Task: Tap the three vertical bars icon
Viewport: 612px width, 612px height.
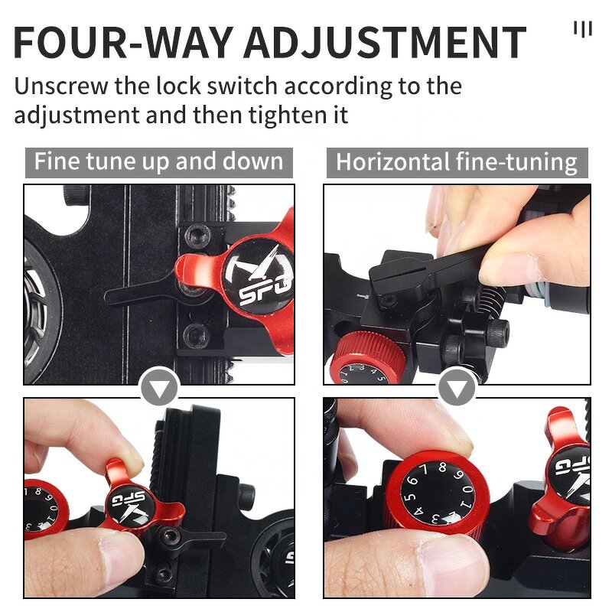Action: (x=583, y=29)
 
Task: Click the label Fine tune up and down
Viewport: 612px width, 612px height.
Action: (x=159, y=162)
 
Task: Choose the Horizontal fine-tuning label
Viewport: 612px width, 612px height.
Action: (x=457, y=162)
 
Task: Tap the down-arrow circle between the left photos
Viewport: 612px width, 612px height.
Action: (x=160, y=389)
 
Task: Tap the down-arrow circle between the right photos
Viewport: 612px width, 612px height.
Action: (x=457, y=389)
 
